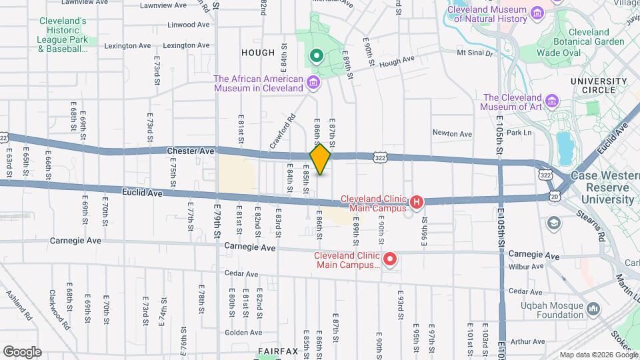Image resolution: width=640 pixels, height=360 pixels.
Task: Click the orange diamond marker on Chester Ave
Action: coord(321,159)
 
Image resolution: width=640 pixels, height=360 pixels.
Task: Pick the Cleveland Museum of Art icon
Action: coord(552,101)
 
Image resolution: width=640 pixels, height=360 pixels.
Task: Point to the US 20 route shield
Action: coord(555,196)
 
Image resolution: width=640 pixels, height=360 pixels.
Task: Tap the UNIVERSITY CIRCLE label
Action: coord(599,87)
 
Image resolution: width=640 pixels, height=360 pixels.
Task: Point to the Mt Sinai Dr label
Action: coord(474,53)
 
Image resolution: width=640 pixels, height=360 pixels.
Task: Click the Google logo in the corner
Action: coord(22,351)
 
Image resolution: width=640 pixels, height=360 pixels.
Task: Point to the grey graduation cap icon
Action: coord(553,223)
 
